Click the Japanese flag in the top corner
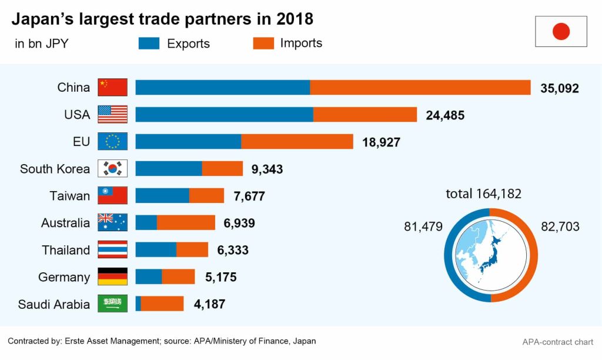point(561,31)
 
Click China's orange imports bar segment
point(420,87)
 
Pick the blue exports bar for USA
point(224,114)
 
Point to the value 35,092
point(560,88)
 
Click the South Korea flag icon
point(112,169)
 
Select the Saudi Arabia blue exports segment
point(138,304)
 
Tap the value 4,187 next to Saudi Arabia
point(209,304)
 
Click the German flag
point(112,276)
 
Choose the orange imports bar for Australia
point(186,222)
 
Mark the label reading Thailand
point(66,250)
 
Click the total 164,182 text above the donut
point(483,194)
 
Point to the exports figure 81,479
point(423,226)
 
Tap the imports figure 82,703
point(560,226)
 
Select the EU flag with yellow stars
point(112,142)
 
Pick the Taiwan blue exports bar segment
point(162,195)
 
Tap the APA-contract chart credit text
point(558,342)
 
